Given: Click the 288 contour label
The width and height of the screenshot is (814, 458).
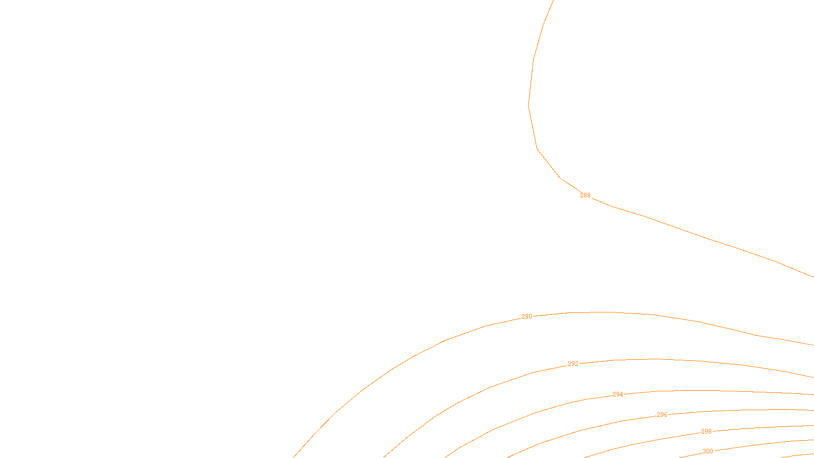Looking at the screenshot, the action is (585, 195).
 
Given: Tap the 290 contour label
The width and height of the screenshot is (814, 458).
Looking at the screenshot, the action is (527, 317).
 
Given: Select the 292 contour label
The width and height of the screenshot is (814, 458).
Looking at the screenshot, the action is (573, 364).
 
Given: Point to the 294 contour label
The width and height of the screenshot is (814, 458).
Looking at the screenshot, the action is (618, 394).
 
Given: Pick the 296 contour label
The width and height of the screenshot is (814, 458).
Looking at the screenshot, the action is (662, 415).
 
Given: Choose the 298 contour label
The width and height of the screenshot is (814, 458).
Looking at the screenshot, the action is (706, 432).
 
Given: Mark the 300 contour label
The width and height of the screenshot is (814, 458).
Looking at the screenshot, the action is (708, 451).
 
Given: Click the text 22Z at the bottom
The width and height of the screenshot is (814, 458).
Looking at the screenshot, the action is (386, 450).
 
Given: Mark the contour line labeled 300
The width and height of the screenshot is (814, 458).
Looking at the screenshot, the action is (763, 444).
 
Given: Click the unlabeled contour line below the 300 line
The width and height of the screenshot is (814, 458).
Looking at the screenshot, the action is (799, 454).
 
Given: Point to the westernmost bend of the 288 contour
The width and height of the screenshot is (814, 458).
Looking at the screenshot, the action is (529, 105).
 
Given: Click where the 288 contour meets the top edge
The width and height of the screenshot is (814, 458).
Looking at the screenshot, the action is (553, 1).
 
